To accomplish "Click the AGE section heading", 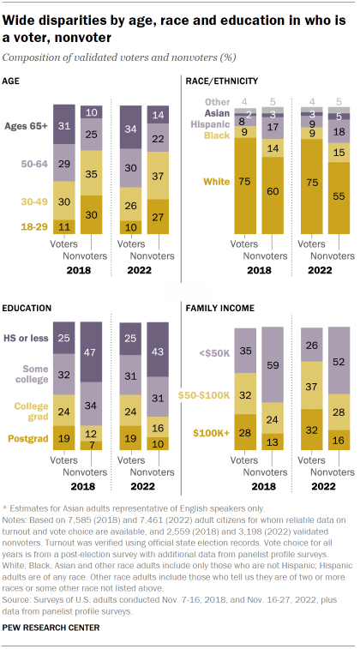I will (15, 81).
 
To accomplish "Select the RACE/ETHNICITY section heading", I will (221, 81).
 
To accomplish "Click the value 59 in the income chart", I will (273, 364).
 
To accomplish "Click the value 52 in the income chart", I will (339, 363).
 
